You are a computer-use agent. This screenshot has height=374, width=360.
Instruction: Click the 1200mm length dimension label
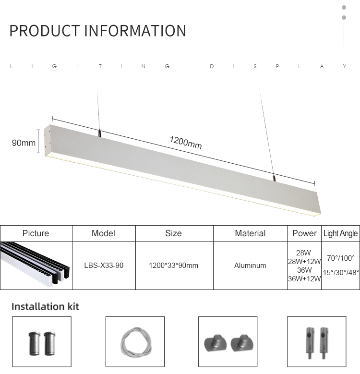point(186,143)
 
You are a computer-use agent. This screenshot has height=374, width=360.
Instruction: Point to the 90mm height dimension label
point(24,143)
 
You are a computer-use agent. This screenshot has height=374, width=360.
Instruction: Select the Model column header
point(104,233)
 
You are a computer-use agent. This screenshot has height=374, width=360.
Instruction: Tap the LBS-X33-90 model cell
point(104,265)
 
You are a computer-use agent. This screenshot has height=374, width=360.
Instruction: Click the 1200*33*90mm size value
point(174,265)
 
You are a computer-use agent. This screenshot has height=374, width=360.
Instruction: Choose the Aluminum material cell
point(250,265)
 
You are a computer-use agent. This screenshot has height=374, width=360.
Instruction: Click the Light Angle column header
point(340,233)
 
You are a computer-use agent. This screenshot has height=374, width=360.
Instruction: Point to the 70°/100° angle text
point(341,258)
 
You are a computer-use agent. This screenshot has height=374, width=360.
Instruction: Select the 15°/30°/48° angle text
point(341,272)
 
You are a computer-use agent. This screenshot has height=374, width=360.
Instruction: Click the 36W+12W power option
point(304,278)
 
